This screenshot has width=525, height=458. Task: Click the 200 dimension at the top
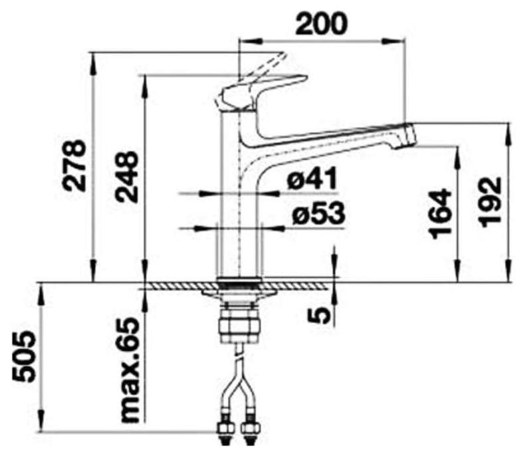coord(322,23)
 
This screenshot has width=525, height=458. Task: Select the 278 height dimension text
coord(75,166)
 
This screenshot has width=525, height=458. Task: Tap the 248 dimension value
coord(126,177)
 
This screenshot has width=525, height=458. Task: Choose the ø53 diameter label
coord(318,213)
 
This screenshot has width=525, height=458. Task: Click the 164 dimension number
coord(440,213)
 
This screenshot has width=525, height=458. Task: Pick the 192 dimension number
coord(491,202)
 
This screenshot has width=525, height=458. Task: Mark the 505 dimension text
coord(23,356)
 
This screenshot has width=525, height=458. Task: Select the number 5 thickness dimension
coord(318,316)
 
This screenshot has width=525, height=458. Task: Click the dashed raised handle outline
coord(264,68)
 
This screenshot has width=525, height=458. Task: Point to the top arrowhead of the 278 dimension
coord(93,63)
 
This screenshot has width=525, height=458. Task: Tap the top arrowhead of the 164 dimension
coord(457,158)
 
